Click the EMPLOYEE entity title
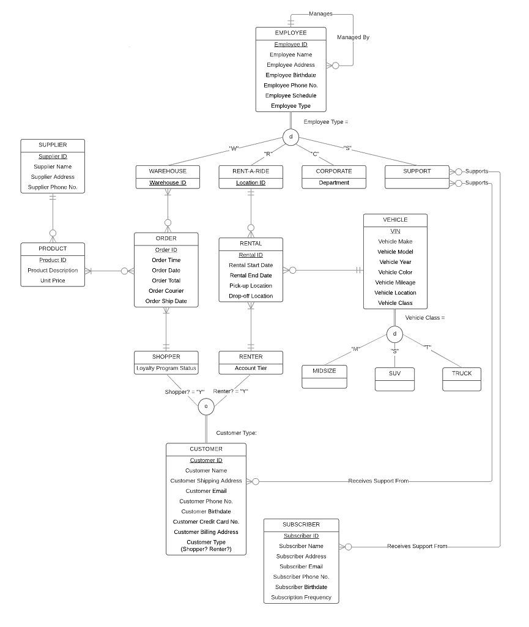pyautogui.click(x=291, y=32)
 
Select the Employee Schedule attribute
pyautogui.click(x=291, y=96)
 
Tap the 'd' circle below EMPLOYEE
pyautogui.click(x=290, y=137)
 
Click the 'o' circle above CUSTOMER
pyautogui.click(x=206, y=406)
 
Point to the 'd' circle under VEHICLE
pyautogui.click(x=395, y=334)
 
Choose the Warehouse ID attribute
pyautogui.click(x=168, y=182)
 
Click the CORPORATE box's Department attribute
pyautogui.click(x=334, y=182)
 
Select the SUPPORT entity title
pyautogui.click(x=416, y=171)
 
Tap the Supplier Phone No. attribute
pyautogui.click(x=53, y=187)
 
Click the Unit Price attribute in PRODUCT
pyautogui.click(x=53, y=280)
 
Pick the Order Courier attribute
pyautogui.click(x=166, y=291)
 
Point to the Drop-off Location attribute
pyautogui.click(x=251, y=296)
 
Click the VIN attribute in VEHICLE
pyautogui.click(x=395, y=231)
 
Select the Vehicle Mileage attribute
pyautogui.click(x=395, y=282)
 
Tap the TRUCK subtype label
pyautogui.click(x=462, y=373)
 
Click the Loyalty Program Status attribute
pyautogui.click(x=166, y=368)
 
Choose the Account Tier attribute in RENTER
pyautogui.click(x=251, y=368)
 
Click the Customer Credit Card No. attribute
pyautogui.click(x=206, y=522)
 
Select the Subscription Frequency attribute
pyautogui.click(x=301, y=597)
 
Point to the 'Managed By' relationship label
pyautogui.click(x=353, y=37)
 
